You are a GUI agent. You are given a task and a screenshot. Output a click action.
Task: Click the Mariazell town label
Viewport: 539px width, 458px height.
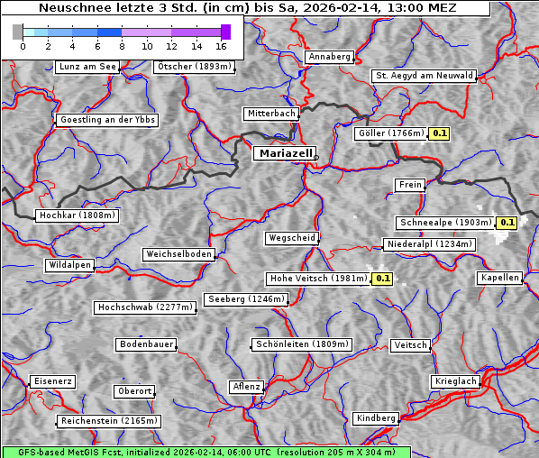[284, 153]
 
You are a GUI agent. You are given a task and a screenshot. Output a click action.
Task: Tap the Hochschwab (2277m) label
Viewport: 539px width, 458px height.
[145, 307]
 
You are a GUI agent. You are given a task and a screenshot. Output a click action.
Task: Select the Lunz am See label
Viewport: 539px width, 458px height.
[87, 67]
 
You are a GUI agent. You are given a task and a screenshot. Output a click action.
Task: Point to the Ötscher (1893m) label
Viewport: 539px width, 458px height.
[194, 67]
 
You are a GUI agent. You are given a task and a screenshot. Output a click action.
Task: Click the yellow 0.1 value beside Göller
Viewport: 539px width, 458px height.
[439, 133]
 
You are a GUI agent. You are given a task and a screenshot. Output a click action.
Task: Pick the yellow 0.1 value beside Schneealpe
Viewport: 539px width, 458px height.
[506, 223]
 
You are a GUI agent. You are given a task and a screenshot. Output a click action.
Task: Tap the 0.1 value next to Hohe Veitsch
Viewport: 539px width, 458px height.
[382, 279]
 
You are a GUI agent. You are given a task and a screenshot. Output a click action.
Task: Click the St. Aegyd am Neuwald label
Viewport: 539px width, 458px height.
[424, 76]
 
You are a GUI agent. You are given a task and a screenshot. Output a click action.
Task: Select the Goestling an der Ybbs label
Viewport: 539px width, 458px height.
[107, 120]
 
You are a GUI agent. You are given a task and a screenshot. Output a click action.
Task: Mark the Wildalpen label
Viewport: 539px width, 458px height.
[69, 265]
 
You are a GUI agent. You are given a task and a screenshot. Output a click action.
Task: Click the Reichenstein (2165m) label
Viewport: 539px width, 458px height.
[109, 421]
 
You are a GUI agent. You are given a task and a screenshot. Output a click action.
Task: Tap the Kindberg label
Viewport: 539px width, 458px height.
[376, 418]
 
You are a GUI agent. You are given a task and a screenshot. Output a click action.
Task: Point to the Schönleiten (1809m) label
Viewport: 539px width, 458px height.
[302, 344]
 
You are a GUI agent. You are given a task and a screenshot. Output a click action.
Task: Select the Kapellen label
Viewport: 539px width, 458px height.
[499, 278]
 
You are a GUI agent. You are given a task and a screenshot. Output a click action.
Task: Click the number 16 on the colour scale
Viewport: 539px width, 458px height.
[221, 46]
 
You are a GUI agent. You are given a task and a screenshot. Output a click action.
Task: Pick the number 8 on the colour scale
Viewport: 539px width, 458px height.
[122, 46]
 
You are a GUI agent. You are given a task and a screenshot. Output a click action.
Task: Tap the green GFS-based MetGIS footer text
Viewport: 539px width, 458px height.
[206, 452]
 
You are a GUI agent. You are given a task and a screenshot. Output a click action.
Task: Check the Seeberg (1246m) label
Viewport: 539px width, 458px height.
[245, 299]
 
